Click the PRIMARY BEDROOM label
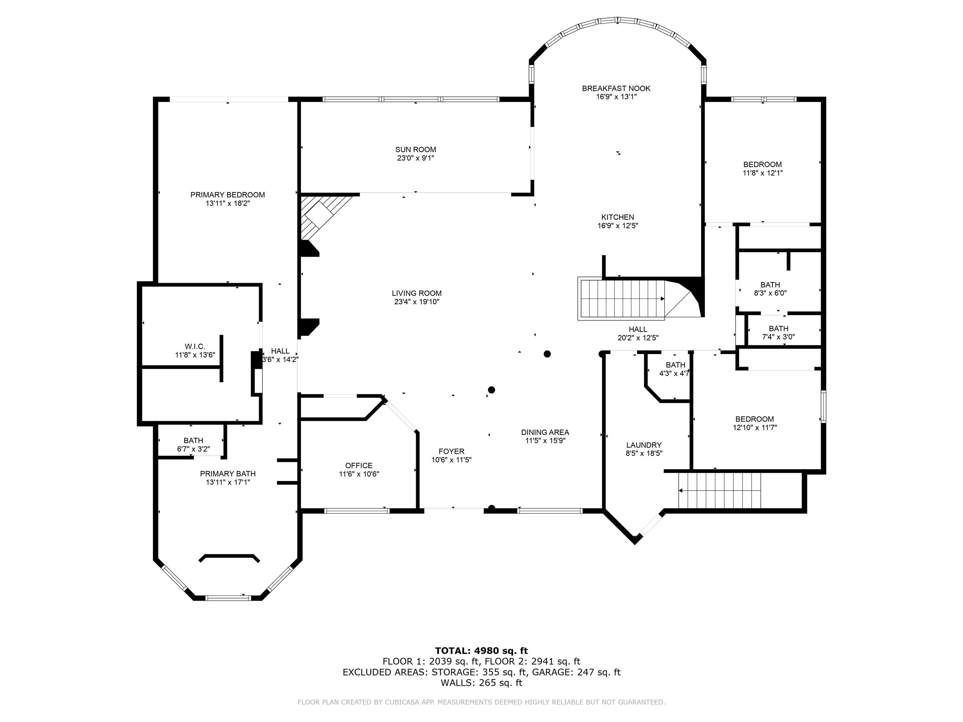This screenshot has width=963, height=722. (227, 195)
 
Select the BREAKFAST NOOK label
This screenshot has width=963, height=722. (616, 88)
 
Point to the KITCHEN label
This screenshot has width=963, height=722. (617, 217)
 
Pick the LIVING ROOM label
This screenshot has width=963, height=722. (417, 293)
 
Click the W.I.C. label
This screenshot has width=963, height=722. (195, 346)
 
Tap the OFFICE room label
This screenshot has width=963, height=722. (359, 465)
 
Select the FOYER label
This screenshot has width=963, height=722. (451, 451)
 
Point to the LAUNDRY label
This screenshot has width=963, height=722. (644, 445)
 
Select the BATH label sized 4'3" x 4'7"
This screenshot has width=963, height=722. (675, 365)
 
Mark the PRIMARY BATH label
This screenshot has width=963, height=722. (228, 473)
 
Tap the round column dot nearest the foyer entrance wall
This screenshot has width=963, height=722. (492, 507)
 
